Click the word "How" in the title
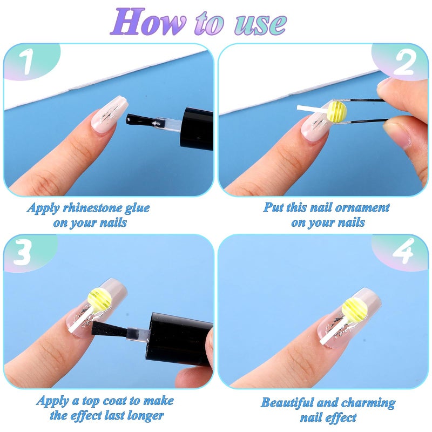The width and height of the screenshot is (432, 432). click(148, 22)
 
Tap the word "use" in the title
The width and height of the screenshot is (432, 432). click(261, 24)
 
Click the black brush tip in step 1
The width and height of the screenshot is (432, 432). click(139, 120)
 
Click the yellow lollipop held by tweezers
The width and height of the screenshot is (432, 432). click(337, 111)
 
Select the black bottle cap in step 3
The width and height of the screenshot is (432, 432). click(179, 340)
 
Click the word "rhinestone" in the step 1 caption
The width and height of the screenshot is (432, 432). click(93, 208)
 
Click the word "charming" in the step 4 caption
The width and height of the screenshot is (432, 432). click(369, 403)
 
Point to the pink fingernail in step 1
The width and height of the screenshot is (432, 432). click(110, 116)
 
